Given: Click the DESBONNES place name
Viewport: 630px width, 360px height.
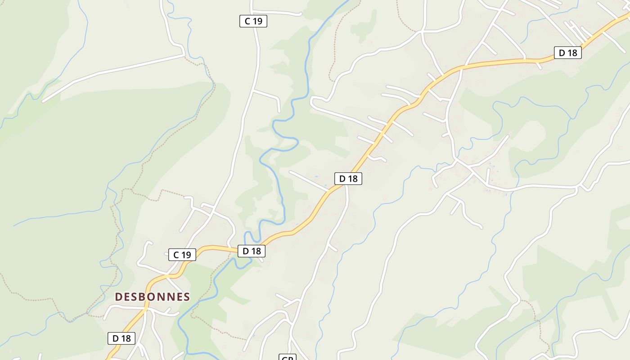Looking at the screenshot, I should pos(152,297).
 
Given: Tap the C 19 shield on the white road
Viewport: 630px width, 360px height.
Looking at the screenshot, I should pos(253,21).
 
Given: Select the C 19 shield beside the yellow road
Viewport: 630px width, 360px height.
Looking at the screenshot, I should pos(182,255).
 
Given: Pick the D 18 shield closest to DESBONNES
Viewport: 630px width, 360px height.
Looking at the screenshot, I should pos(121,338).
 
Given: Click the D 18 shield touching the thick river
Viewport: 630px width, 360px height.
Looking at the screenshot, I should pos(252,251).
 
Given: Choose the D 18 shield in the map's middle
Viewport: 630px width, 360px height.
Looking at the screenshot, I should pos(348,179).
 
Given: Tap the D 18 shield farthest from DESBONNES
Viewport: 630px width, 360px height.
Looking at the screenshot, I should pos(568,53).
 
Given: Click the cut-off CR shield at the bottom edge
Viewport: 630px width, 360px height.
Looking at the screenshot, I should pos(287,357).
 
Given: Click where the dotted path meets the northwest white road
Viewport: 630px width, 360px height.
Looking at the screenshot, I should pos(185,56).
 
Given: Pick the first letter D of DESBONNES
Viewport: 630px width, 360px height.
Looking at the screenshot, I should pos(118,297).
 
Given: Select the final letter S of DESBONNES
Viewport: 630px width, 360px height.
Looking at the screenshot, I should pos(186,297).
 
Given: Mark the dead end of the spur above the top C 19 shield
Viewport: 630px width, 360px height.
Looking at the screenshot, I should pos(301,14).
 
